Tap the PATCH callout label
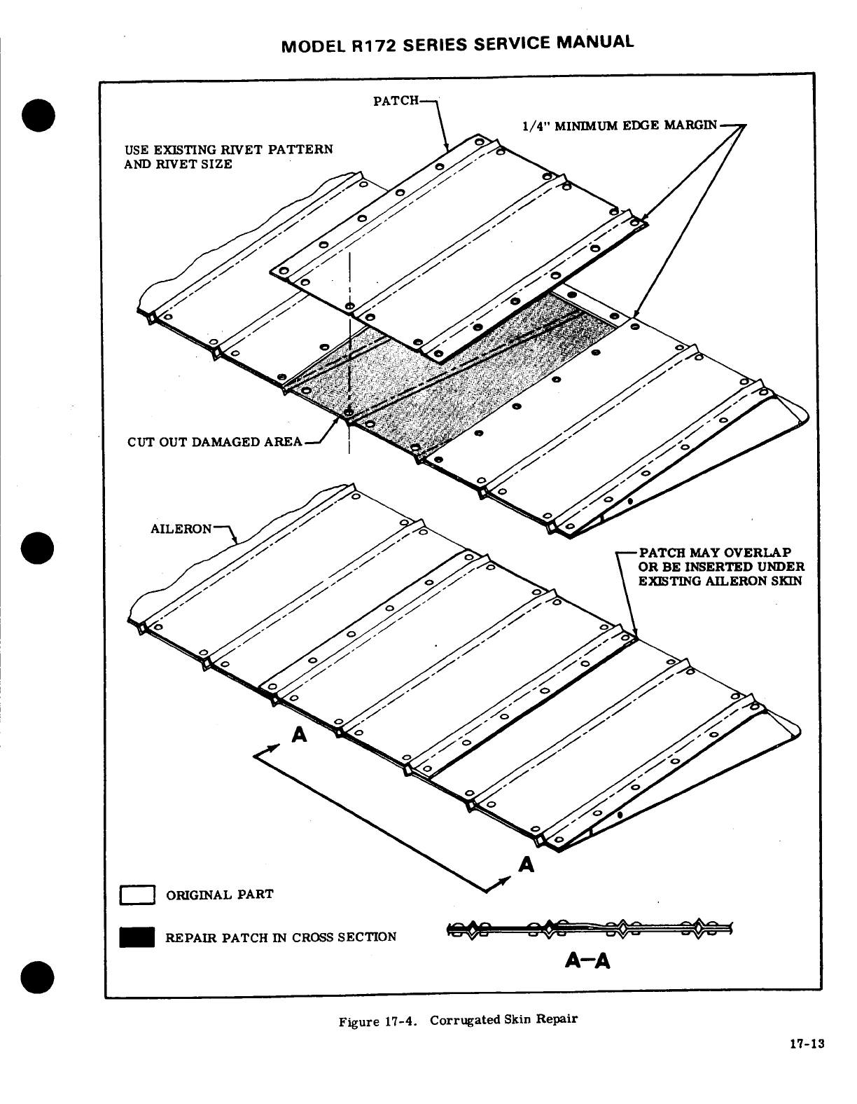396,101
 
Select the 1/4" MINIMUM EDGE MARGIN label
620,125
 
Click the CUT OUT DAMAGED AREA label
215,442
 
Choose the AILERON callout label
181,528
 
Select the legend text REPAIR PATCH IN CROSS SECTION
281,937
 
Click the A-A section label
587,962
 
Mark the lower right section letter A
527,865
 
